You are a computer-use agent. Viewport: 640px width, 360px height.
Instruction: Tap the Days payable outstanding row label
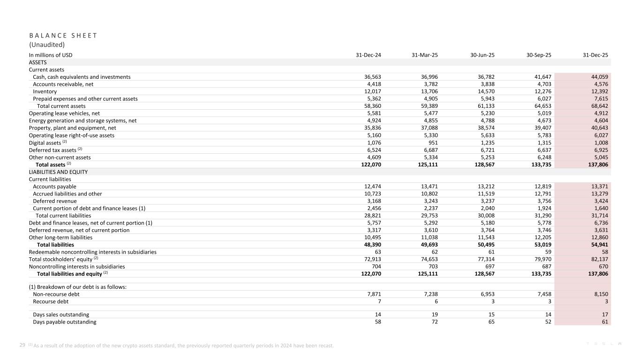pos(65,322)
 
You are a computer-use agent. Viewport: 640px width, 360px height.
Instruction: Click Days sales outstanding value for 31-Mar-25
pos(435,315)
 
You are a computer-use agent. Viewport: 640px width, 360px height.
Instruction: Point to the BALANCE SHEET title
pos(63,35)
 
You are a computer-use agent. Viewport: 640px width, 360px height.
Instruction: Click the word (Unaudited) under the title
pos(47,45)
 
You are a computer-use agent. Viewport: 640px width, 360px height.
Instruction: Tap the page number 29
pos(22,345)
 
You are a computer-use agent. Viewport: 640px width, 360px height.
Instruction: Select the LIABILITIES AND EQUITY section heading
pos(58,172)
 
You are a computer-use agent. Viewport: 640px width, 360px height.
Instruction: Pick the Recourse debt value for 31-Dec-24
pos(379,302)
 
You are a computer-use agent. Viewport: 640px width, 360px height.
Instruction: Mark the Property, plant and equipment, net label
pos(73,128)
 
